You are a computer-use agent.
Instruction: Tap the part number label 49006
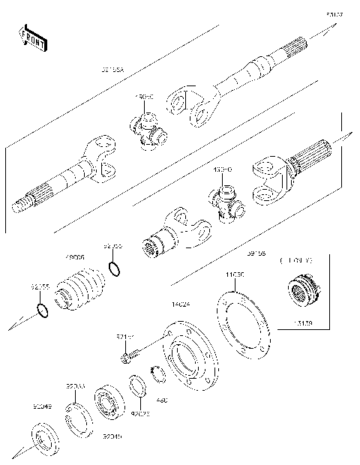click(75, 256)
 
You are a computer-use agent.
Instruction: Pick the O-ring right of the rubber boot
click(113, 268)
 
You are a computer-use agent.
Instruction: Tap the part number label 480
click(161, 400)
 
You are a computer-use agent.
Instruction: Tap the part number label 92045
click(112, 435)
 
